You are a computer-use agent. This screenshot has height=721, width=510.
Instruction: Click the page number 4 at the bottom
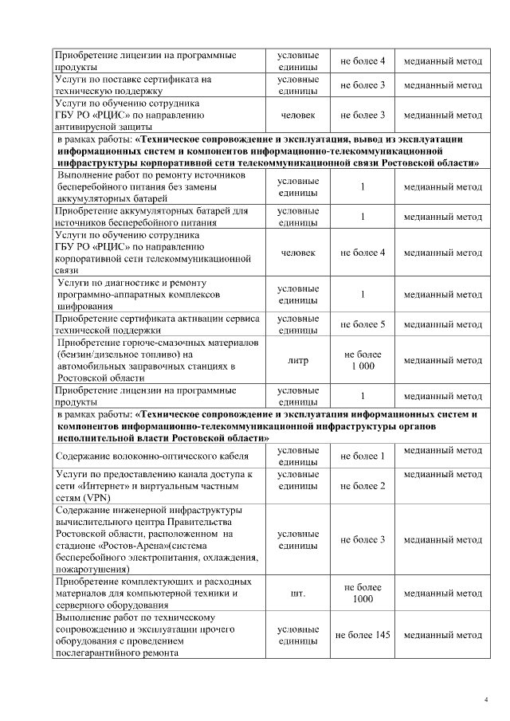486,699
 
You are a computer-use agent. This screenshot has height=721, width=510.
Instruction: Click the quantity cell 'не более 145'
363,636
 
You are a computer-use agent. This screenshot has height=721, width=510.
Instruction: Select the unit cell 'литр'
297,360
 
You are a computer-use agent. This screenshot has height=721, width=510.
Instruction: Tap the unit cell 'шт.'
297,594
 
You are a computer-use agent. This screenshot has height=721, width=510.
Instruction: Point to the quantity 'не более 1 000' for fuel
363,360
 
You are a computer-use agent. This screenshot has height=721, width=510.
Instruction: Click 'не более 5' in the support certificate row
363,324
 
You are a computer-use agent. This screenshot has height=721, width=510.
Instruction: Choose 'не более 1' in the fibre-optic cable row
363,457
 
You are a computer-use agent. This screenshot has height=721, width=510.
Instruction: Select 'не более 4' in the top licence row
363,61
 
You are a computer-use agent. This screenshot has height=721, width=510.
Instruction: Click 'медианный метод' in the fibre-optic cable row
442,451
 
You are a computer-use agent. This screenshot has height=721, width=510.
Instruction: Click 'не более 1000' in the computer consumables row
363,594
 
